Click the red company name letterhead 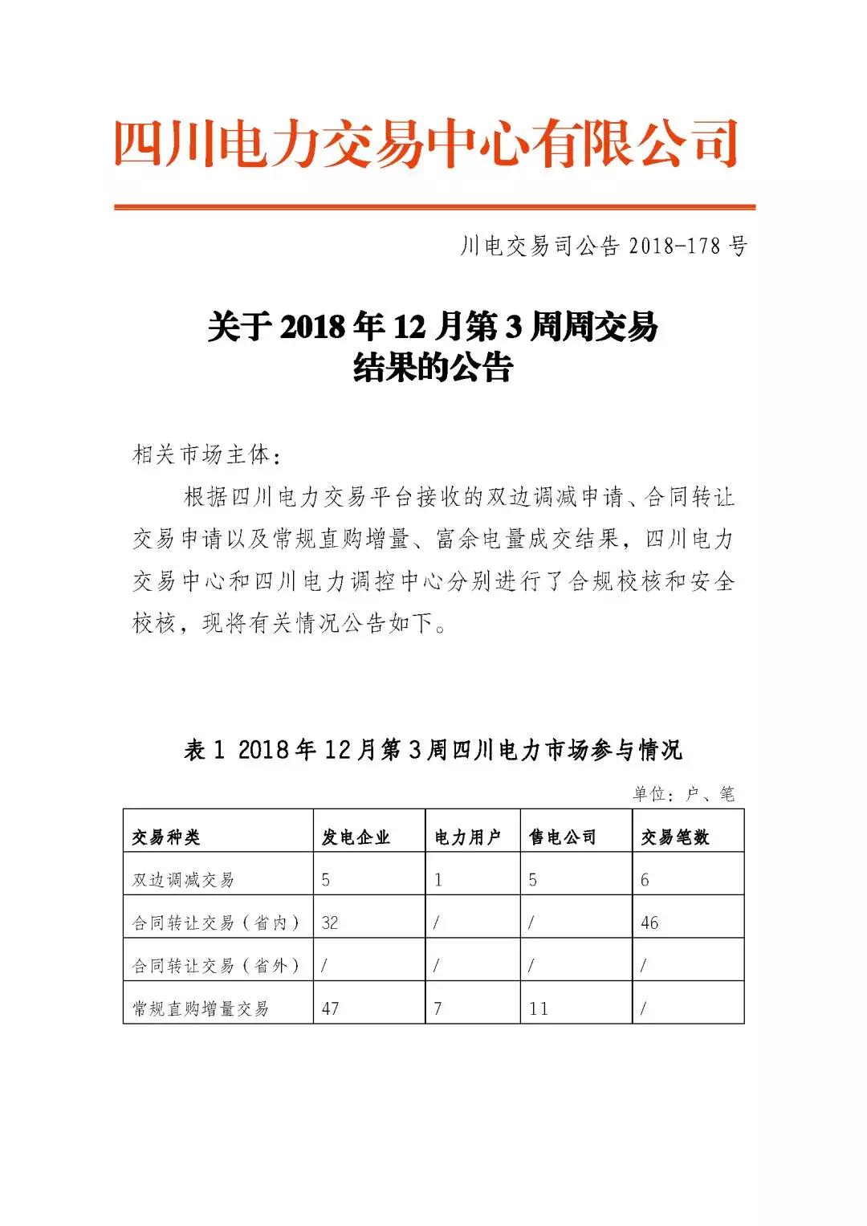pos(425,145)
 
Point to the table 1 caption pos(433,750)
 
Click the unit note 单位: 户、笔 pos(682,794)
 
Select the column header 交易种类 pos(166,837)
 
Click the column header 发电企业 pos(356,837)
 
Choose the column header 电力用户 pos(468,837)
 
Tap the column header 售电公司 pos(563,837)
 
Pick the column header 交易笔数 pos(675,837)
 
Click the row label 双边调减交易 pos(183,880)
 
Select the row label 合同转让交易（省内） pos(216,923)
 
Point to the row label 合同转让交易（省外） pos(216,966)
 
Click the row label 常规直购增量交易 pos(200,1008)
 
